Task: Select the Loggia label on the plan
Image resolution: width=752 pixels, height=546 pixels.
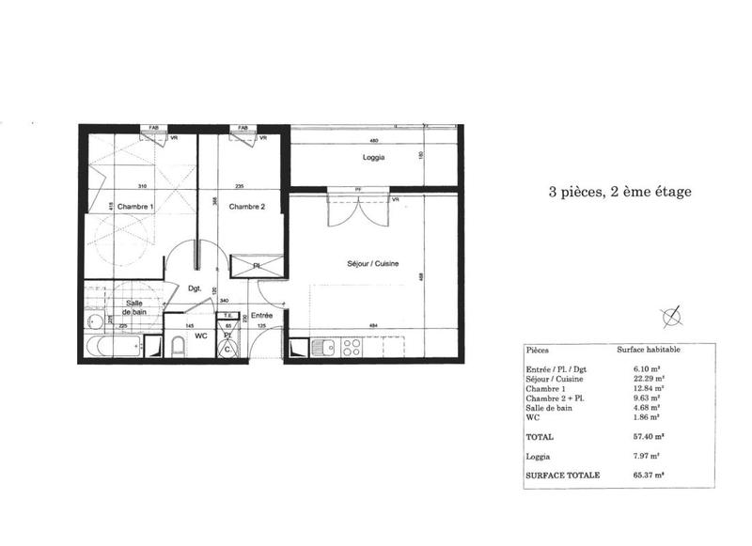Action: (x=373, y=158)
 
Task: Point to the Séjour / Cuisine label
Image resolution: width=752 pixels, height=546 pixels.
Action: (x=373, y=265)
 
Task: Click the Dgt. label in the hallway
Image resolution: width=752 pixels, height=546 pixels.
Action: (x=196, y=289)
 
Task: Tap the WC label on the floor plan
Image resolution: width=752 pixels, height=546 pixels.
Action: (x=200, y=334)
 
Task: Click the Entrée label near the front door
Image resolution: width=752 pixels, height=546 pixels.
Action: (x=261, y=316)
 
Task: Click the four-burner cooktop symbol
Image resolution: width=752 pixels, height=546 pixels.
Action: (x=352, y=348)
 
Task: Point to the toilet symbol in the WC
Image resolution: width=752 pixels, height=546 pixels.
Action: (x=177, y=351)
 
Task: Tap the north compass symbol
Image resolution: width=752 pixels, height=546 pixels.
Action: (x=673, y=317)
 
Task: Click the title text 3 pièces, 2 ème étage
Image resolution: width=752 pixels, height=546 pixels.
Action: (x=619, y=192)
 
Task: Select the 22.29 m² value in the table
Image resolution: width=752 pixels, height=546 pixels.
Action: (x=649, y=378)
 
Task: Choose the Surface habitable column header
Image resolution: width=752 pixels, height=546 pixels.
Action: (x=649, y=349)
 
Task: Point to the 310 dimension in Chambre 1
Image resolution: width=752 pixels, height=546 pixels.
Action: (x=142, y=186)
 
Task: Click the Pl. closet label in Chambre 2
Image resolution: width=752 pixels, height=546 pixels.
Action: (x=258, y=266)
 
